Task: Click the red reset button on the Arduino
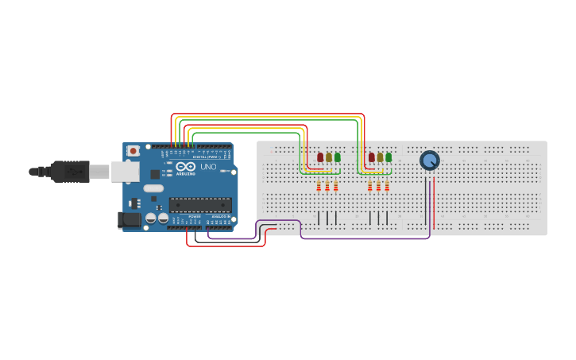point(133,150)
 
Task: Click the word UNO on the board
point(207,167)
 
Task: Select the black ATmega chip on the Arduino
point(199,204)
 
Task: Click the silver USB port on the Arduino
point(125,171)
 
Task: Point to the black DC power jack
point(129,219)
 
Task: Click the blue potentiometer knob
point(429,161)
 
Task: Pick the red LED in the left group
point(320,157)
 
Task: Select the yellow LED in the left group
point(329,157)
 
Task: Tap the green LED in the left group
point(338,157)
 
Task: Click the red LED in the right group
point(371,157)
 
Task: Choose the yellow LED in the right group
point(380,157)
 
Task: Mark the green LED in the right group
point(389,157)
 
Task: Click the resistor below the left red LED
point(319,186)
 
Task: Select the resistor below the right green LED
point(387,186)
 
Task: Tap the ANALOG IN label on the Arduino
point(220,216)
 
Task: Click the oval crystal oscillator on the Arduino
point(153,188)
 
